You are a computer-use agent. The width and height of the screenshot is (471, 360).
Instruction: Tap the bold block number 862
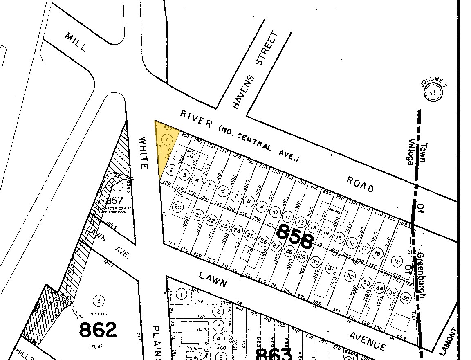click(x=98, y=330)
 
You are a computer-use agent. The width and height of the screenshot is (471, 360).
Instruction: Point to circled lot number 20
click(x=178, y=207)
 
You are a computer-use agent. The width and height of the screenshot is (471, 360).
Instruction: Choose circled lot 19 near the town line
click(x=396, y=261)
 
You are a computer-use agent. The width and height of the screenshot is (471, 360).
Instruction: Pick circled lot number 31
click(x=330, y=268)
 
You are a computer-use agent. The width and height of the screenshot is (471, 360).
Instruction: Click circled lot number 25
click(x=251, y=236)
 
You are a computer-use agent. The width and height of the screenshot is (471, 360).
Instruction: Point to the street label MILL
click(x=76, y=42)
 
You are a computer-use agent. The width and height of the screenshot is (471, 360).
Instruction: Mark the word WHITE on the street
click(x=143, y=153)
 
